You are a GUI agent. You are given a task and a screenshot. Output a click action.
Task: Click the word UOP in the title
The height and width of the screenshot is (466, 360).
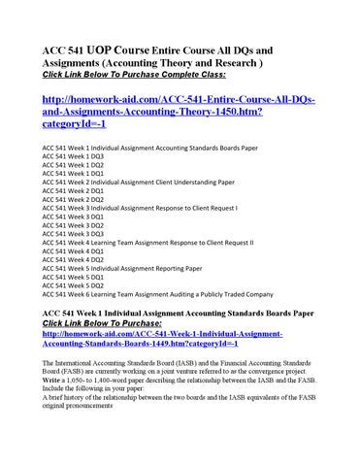click(x=103, y=50)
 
